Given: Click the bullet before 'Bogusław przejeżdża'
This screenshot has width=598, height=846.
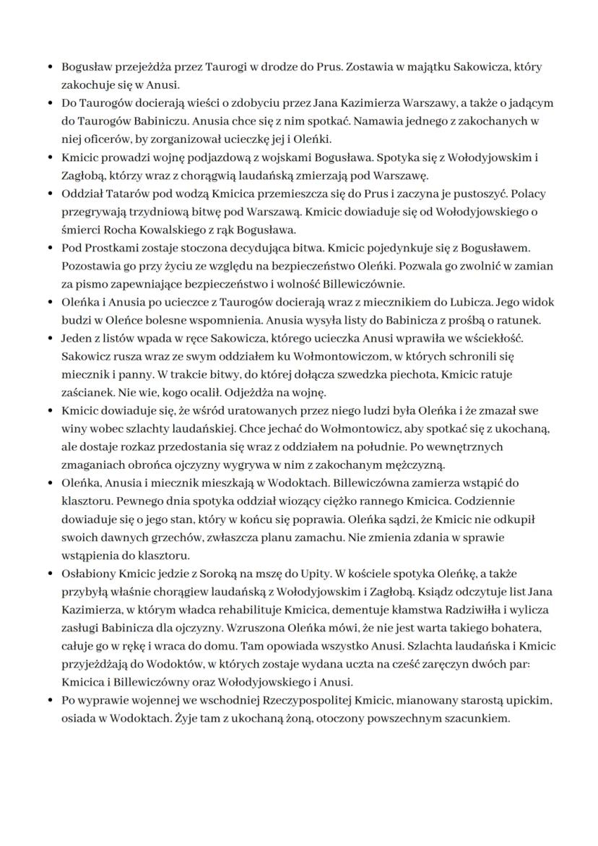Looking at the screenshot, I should click(49, 67).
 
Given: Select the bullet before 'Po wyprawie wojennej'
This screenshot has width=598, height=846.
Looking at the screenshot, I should click(49, 702).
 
